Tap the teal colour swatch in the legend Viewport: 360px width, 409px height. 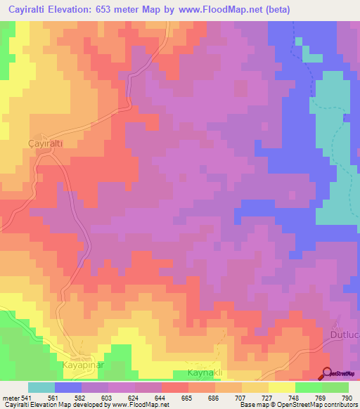41,387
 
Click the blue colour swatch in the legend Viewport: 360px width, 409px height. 68,387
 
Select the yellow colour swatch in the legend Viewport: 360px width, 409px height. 282,387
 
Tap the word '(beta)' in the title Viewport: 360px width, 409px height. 274,10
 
